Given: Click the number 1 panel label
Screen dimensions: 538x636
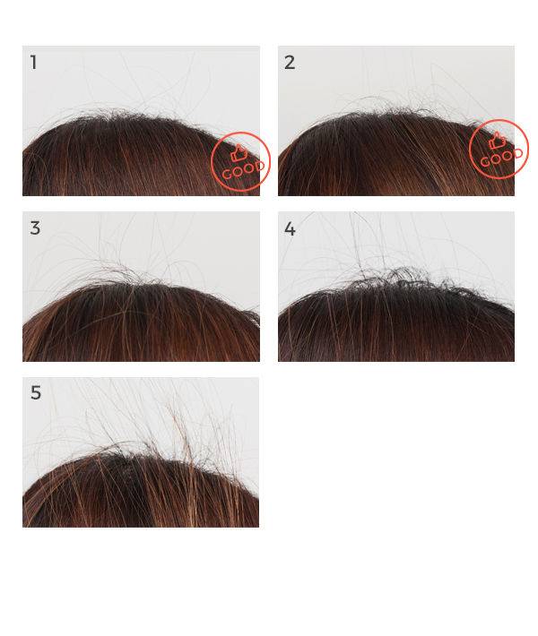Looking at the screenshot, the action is click(34, 63).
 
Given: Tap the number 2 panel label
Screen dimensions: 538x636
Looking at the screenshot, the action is click(290, 63).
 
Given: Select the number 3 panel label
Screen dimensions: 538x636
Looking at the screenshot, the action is click(35, 228).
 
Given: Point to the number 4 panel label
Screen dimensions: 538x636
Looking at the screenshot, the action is click(290, 228).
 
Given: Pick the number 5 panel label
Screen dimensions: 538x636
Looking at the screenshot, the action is click(36, 392).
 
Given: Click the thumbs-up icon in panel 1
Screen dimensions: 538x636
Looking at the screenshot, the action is click(239, 154).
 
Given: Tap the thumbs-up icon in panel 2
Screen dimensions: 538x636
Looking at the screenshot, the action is click(497, 141).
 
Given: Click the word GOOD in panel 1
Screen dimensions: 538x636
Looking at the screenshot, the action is click(243, 170).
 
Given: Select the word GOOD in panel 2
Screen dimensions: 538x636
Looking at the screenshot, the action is click(501, 158).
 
